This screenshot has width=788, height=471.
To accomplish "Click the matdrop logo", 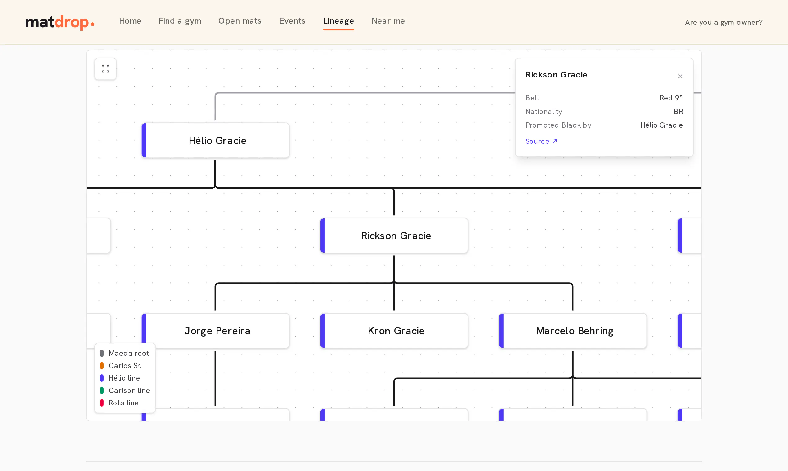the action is (60, 22).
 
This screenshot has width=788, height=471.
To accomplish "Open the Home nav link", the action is (130, 21).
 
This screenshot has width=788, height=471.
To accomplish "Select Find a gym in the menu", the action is (180, 21).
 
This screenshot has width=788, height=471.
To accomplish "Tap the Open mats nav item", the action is (240, 21).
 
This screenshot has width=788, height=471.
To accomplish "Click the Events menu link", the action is (292, 21).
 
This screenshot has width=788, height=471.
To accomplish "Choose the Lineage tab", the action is (338, 21).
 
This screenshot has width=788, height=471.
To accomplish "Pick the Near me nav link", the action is (388, 21).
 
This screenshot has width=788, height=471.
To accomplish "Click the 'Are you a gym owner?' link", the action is (723, 22).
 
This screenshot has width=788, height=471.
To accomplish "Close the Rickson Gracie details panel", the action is (680, 76).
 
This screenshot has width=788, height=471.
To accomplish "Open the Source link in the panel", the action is (541, 141).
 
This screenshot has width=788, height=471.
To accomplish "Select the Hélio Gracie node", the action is (215, 140).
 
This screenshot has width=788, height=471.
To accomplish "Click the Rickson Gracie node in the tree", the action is (394, 235).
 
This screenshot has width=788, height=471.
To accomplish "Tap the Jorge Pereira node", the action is (215, 331).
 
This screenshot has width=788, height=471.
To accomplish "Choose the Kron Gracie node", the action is (394, 331).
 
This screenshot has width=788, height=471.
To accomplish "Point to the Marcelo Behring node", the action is (573, 331).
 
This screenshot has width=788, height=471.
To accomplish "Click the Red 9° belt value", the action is (671, 98).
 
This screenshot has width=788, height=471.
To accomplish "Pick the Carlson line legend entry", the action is (125, 390).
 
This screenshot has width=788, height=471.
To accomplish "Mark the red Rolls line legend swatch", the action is (102, 403).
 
